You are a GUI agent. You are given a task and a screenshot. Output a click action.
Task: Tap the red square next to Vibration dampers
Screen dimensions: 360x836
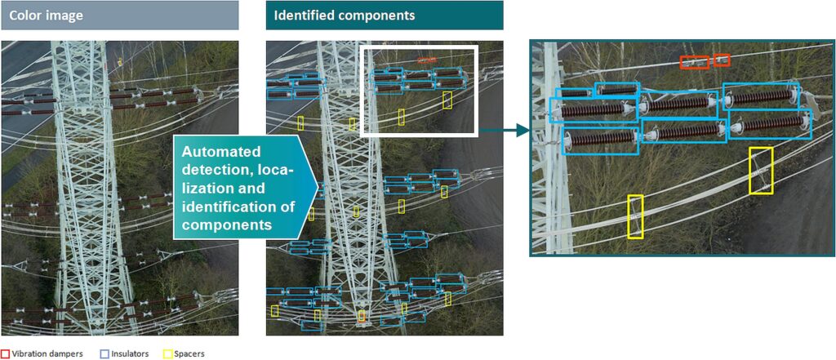[5, 353]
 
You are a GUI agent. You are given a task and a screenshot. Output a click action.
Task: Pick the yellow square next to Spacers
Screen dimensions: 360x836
[167, 353]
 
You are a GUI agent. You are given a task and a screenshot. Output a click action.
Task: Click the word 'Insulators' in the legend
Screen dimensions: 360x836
[131, 353]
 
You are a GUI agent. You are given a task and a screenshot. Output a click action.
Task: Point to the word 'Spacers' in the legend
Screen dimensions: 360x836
[189, 353]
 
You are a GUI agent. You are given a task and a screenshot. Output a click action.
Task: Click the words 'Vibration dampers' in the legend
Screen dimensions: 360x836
[47, 353]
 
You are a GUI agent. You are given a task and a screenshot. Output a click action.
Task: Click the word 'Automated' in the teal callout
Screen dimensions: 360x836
[220, 153]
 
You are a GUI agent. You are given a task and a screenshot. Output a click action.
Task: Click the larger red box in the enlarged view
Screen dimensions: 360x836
[696, 62]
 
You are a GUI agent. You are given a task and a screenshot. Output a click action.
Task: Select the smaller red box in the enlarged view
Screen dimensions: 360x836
[722, 60]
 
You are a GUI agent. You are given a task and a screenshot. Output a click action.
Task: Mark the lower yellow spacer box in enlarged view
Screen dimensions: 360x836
[635, 217]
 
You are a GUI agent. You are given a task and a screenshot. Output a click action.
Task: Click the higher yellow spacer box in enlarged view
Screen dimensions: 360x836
[761, 171]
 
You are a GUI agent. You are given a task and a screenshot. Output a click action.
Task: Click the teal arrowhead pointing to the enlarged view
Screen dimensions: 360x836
[522, 129]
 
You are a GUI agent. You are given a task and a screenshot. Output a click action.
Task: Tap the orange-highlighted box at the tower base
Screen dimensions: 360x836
[362, 316]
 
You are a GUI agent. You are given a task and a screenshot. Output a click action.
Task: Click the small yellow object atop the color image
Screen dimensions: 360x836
[120, 61]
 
